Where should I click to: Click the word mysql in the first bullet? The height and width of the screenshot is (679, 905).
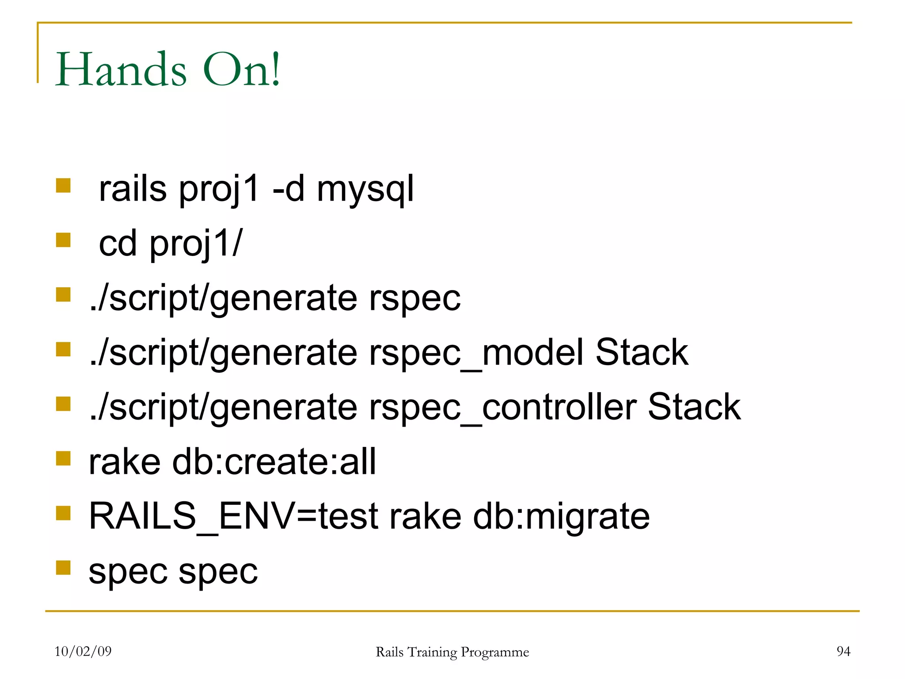click(x=365, y=189)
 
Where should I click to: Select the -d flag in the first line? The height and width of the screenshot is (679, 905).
click(x=289, y=189)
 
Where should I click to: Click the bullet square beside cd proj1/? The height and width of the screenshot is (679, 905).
click(x=64, y=240)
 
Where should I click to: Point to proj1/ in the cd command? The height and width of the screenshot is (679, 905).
click(x=196, y=244)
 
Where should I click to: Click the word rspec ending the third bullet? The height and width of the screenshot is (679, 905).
click(x=414, y=298)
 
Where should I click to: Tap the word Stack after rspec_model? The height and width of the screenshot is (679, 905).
click(x=642, y=353)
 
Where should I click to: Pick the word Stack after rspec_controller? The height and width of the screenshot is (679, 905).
click(x=694, y=407)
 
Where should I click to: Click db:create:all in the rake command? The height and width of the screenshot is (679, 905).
click(x=274, y=462)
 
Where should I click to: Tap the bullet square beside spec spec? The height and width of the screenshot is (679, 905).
click(x=64, y=568)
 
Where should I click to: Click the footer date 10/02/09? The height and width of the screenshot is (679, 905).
click(x=83, y=651)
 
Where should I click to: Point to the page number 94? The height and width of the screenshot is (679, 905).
click(x=843, y=651)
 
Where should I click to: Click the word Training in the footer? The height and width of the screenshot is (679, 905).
click(x=432, y=652)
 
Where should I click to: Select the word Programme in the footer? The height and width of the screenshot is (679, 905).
click(x=494, y=652)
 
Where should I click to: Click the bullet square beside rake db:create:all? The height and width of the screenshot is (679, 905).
click(x=64, y=458)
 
